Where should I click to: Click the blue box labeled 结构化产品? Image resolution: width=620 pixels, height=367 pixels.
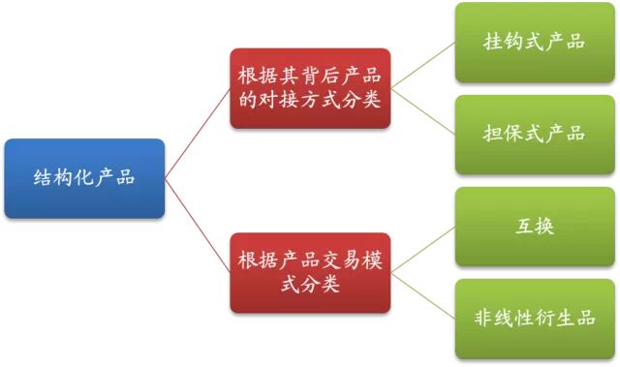point(84,178)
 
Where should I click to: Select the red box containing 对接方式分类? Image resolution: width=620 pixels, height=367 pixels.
point(310,88)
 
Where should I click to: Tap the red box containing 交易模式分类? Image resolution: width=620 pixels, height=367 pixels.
point(310,272)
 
